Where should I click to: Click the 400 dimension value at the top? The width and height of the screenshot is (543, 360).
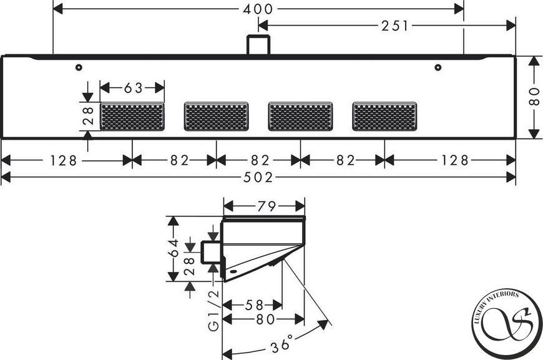pyautogui.click(x=258, y=9)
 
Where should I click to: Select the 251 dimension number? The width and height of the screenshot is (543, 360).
pyautogui.click(x=395, y=26)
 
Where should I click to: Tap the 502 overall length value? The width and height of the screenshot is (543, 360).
pyautogui.click(x=258, y=178)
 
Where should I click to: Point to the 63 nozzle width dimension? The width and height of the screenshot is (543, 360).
pyautogui.click(x=134, y=88)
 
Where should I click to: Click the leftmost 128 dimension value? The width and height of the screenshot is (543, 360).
pyautogui.click(x=64, y=160)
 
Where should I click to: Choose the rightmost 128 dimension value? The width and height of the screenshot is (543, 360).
pyautogui.click(x=455, y=160)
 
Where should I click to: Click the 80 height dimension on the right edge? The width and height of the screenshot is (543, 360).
pyautogui.click(x=534, y=97)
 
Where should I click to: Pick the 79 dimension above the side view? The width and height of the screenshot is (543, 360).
pyautogui.click(x=267, y=207)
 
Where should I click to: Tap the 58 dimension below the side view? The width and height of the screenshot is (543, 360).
pyautogui.click(x=255, y=305)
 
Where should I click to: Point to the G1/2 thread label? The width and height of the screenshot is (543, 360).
pyautogui.click(x=213, y=311)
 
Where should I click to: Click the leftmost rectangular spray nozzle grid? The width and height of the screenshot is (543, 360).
pyautogui.click(x=132, y=116)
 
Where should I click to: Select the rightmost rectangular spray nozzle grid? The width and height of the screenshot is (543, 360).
pyautogui.click(x=384, y=116)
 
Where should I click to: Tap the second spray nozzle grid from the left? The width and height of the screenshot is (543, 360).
pyautogui.click(x=217, y=116)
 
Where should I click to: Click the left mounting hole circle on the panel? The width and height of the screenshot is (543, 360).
pyautogui.click(x=79, y=67)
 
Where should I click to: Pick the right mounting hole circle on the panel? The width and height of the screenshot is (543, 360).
pyautogui.click(x=438, y=67)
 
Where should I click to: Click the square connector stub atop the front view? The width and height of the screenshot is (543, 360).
pyautogui.click(x=258, y=45)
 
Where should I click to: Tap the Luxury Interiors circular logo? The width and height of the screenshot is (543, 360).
pyautogui.click(x=507, y=324)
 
